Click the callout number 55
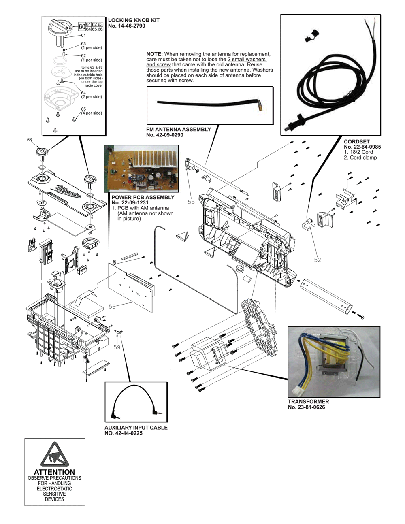tap(191, 202)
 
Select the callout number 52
tap(318, 260)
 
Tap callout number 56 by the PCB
tap(112, 307)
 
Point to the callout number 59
tap(117, 347)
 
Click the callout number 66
tap(30, 140)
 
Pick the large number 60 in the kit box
tap(82, 27)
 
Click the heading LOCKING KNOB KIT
tap(134, 20)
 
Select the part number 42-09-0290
tap(168, 135)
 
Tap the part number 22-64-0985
tap(366, 147)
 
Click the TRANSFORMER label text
tap(308, 402)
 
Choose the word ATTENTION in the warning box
tap(55, 472)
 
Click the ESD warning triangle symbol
tap(55, 454)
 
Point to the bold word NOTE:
tap(155, 54)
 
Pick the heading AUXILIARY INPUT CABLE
tap(136, 428)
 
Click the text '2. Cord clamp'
tap(360, 158)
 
